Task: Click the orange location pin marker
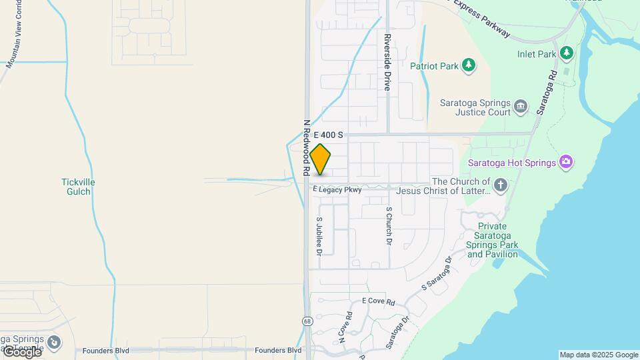(321, 159)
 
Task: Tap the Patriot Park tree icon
(470, 65)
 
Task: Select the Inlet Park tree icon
(566, 52)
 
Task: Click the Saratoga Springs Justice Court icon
(521, 105)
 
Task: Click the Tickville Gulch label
(78, 187)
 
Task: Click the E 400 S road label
(327, 135)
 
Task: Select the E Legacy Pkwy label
(337, 190)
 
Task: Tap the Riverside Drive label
(387, 62)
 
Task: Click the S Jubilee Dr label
(319, 237)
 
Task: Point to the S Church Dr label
(389, 226)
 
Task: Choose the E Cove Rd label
(378, 301)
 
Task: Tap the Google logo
(21, 351)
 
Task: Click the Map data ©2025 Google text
(599, 355)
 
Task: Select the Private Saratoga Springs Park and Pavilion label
(493, 240)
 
